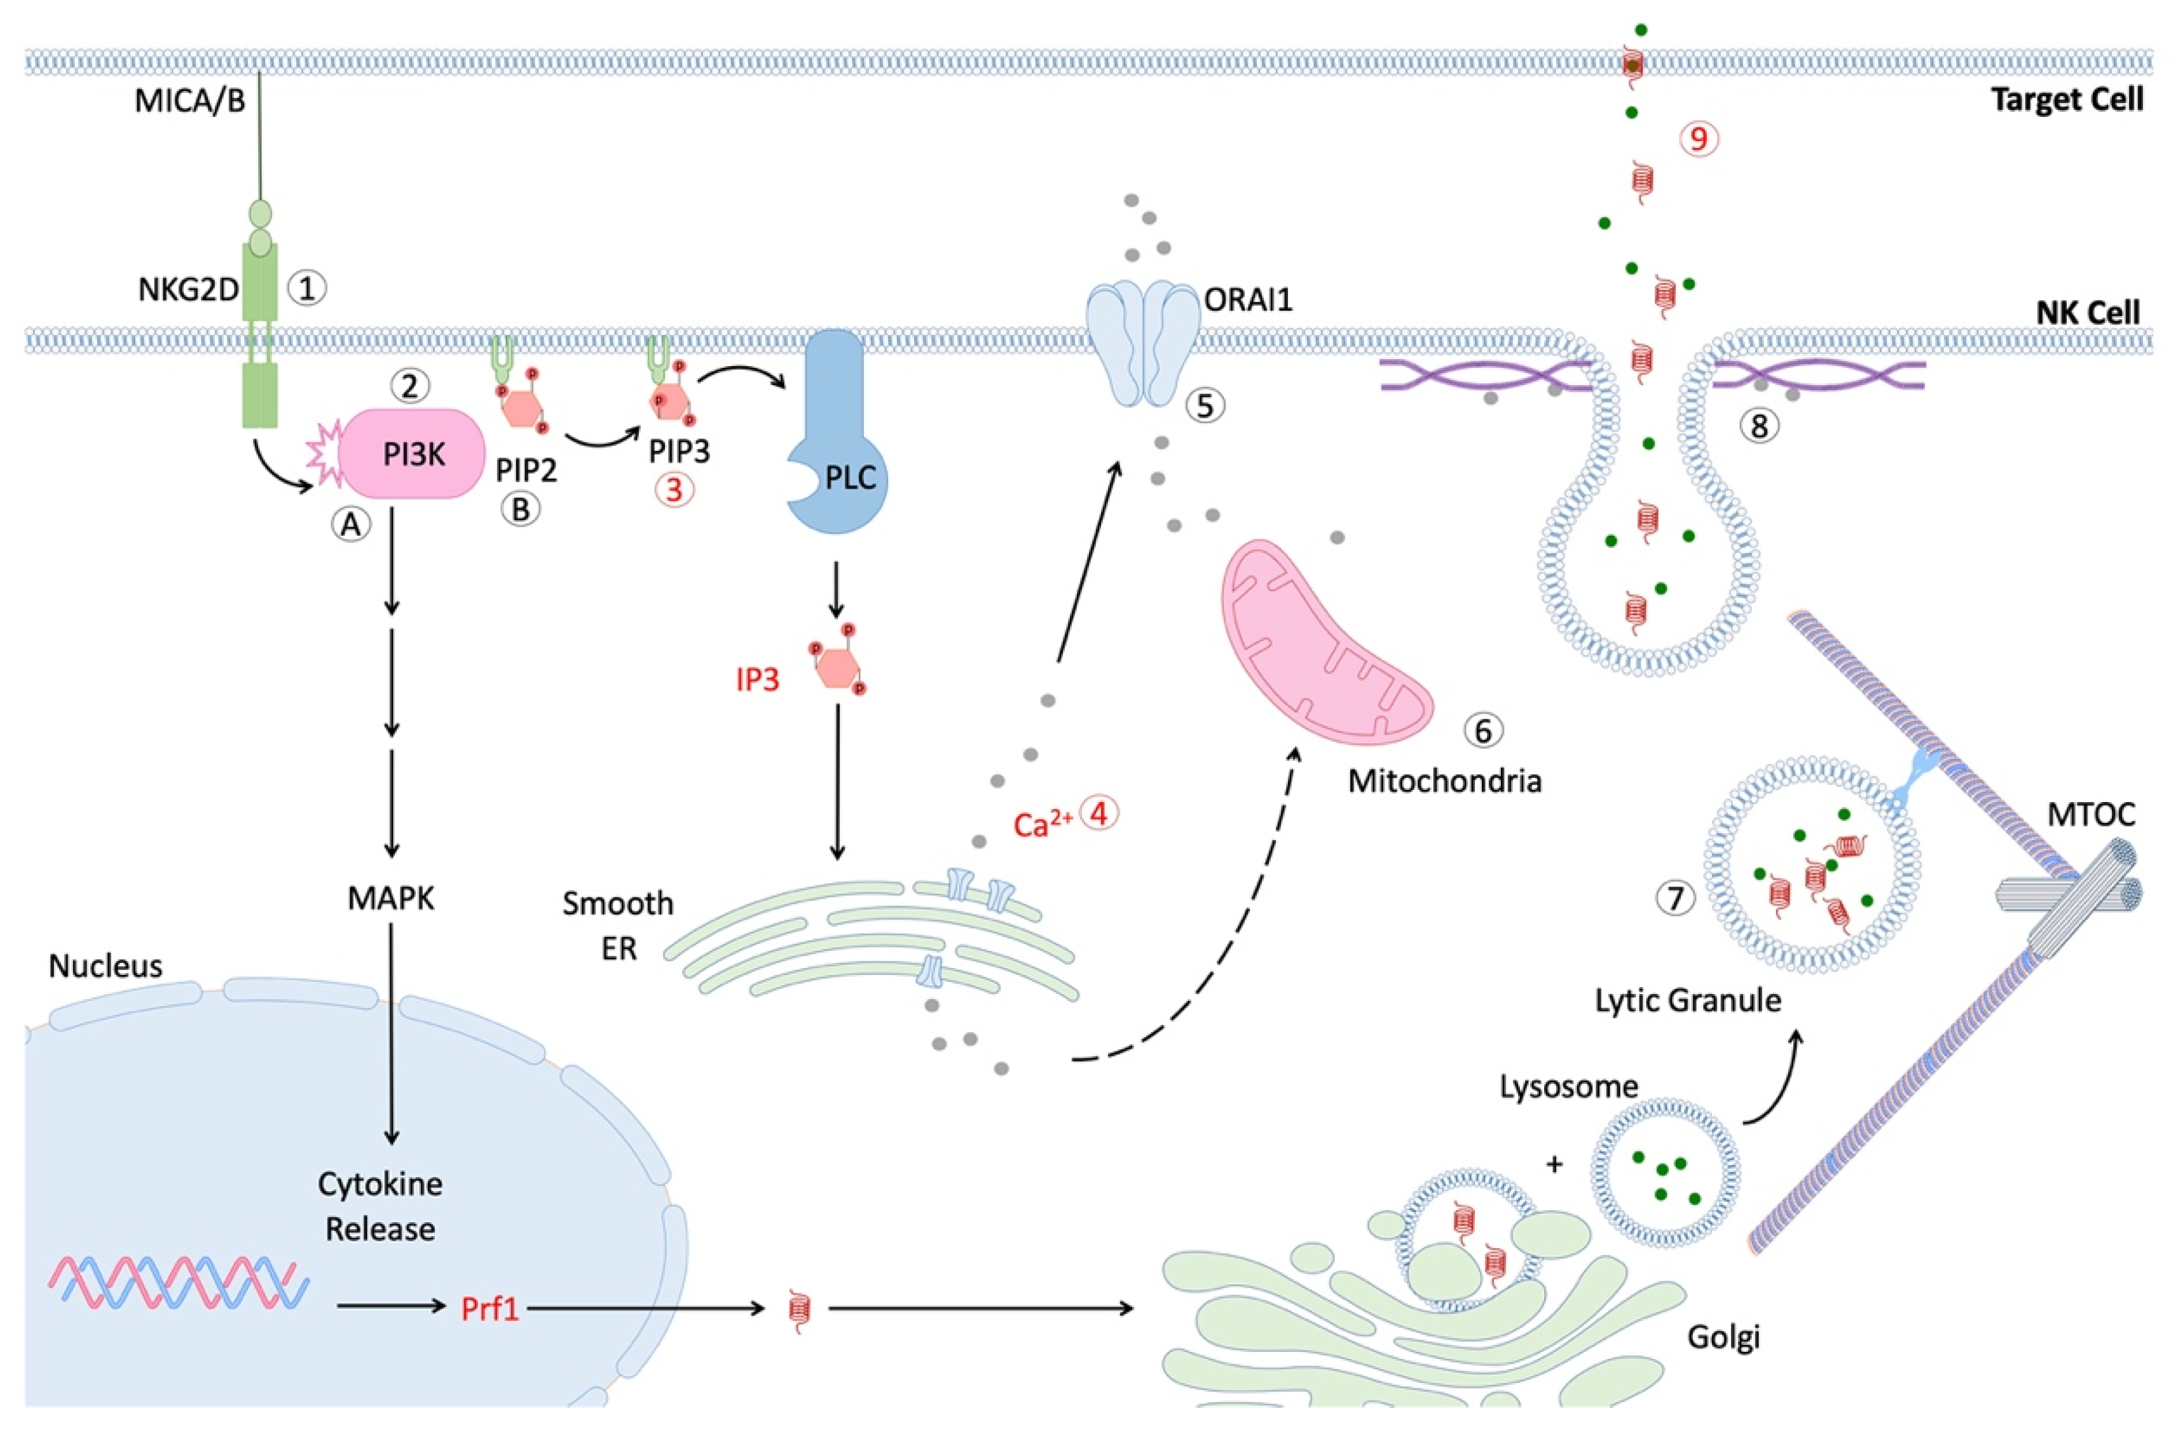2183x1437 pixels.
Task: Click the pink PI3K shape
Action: point(413,454)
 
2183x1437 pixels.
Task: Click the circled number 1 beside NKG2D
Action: point(307,290)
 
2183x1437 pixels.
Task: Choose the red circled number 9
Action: point(1699,139)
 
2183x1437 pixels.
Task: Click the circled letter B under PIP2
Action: point(520,510)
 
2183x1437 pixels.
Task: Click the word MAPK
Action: point(392,899)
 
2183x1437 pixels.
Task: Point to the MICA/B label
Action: point(190,101)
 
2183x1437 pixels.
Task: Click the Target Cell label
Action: point(2067,99)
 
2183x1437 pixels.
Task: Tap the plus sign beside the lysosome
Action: point(1554,1164)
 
